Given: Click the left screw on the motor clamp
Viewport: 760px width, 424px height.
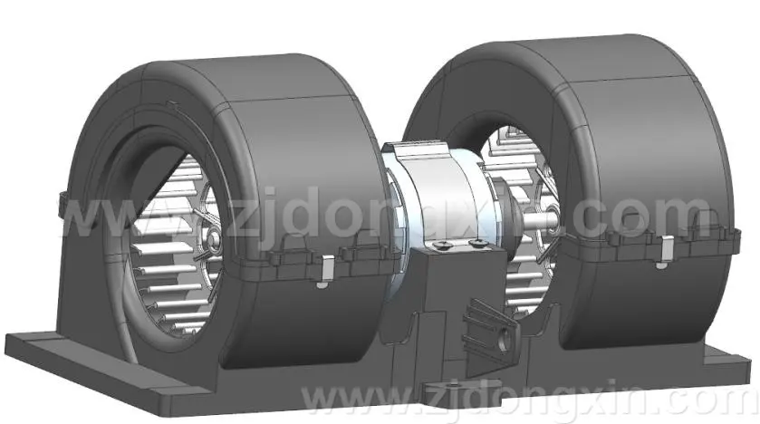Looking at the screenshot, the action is tap(443, 245).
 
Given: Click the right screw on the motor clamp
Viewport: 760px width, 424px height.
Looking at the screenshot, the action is tap(478, 241).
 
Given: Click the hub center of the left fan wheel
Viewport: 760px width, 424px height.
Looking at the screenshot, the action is tap(213, 238).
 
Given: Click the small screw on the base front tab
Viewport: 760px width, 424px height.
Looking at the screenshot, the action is tap(455, 385).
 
